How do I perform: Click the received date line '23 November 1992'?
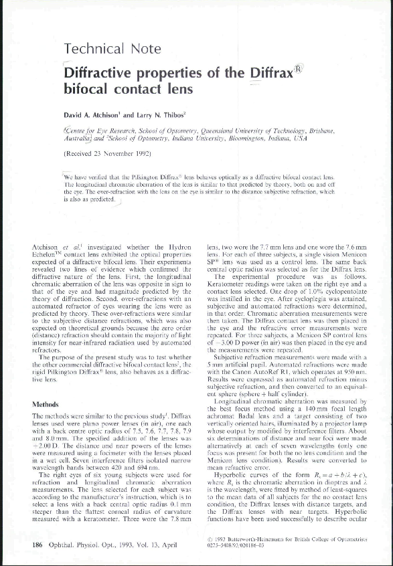point(115,153)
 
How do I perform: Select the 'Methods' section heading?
point(47,405)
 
